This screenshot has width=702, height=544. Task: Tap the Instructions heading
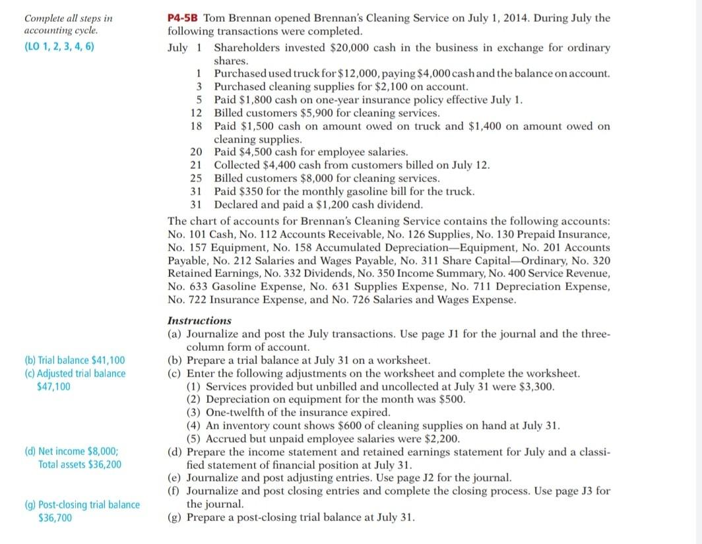click(x=200, y=320)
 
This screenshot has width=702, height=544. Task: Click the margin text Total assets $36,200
click(x=80, y=464)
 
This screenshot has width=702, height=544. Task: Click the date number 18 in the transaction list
click(x=195, y=126)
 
